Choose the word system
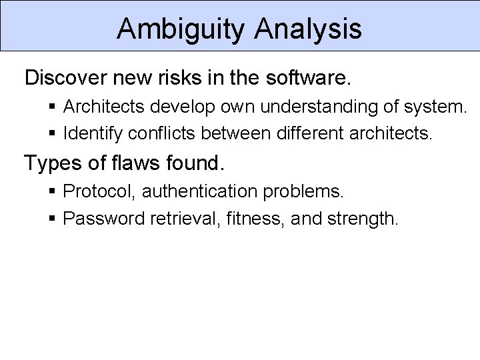[437, 107]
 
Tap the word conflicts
[163, 133]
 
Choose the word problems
[311, 192]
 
